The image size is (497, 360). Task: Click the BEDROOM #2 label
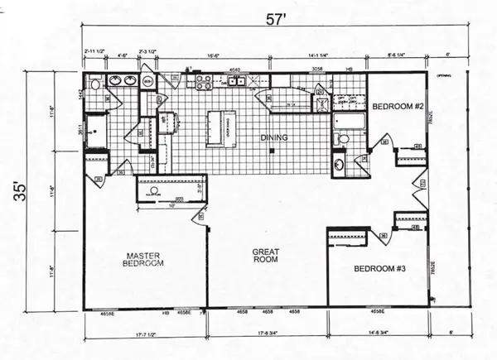coord(398,108)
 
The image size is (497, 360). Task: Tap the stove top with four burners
coord(201,81)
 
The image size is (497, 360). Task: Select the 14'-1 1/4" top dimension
coord(318,56)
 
